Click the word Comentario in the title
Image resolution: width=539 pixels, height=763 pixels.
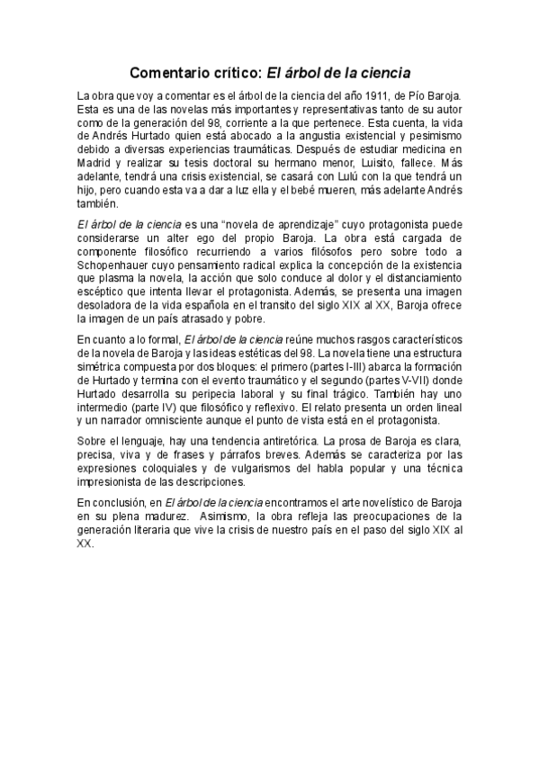click(x=170, y=71)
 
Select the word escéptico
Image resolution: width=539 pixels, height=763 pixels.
click(x=101, y=292)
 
